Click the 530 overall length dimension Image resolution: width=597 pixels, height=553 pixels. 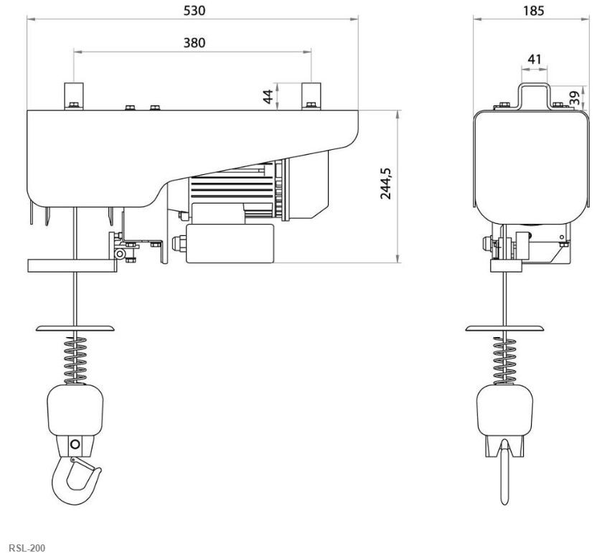click(x=194, y=11)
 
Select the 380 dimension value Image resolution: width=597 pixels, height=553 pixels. click(x=194, y=42)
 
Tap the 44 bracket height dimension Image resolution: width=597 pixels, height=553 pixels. click(x=268, y=96)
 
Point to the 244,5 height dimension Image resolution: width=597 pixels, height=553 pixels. click(x=386, y=183)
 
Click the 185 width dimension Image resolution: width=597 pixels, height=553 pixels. click(x=533, y=11)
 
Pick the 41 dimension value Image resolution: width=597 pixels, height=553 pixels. click(x=534, y=59)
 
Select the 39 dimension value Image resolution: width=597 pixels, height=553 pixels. click(x=575, y=98)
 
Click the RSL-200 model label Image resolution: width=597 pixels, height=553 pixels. click(x=27, y=548)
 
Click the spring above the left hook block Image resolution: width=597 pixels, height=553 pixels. click(x=75, y=360)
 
